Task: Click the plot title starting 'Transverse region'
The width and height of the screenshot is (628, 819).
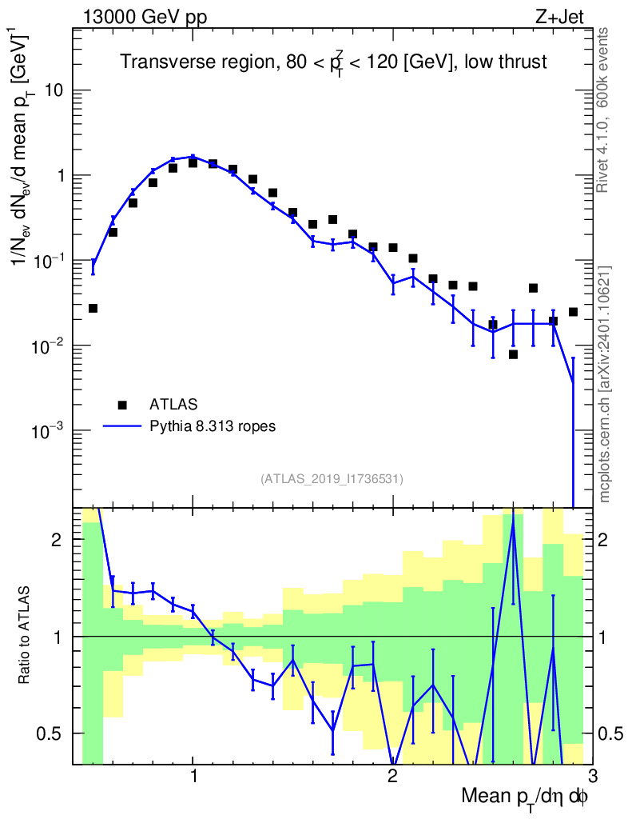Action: tap(333, 62)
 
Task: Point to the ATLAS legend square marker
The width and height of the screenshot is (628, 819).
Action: tap(122, 404)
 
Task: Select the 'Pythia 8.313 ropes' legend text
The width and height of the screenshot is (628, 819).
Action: tap(213, 426)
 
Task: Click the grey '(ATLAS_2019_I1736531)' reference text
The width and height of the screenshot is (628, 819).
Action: tap(332, 479)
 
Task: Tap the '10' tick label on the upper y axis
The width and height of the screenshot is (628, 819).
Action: tap(54, 90)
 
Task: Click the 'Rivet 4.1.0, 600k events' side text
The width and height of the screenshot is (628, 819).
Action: tap(604, 110)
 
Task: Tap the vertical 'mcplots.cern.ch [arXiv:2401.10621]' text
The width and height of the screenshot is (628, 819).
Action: tap(605, 385)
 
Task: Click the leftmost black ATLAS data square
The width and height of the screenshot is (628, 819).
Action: tap(93, 308)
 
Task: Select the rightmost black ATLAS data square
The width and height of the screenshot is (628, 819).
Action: tap(573, 312)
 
